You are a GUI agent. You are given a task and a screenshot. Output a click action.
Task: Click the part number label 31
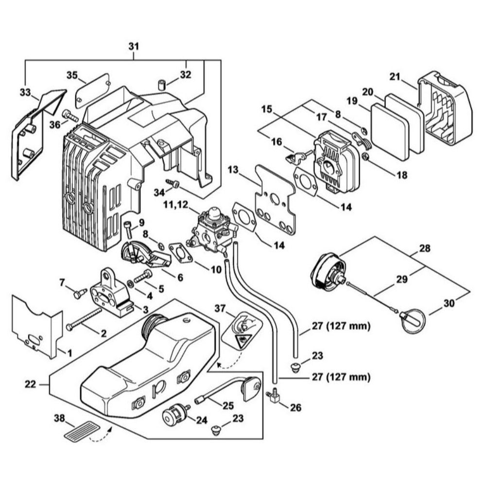click(x=133, y=47)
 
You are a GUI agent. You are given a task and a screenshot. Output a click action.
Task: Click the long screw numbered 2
click(x=85, y=318)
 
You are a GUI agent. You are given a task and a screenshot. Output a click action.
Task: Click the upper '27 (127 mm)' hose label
click(x=340, y=326)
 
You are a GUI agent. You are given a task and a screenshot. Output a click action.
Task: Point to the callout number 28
click(x=424, y=248)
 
